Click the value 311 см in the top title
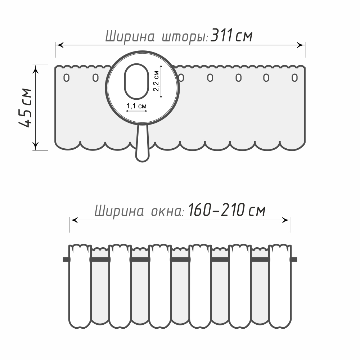pyautogui.click(x=232, y=36)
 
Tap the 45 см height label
pyautogui.click(x=26, y=107)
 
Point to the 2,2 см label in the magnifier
pyautogui.click(x=157, y=81)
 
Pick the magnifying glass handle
pyautogui.click(x=143, y=144)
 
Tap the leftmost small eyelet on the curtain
pyautogui.click(x=67, y=77)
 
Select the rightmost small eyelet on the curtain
pyautogui.click(x=295, y=77)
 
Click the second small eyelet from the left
pyautogui.click(x=95, y=77)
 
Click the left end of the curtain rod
pyautogui.click(x=66, y=259)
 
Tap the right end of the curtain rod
pyautogui.click(x=294, y=259)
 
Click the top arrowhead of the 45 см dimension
pyautogui.click(x=36, y=69)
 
